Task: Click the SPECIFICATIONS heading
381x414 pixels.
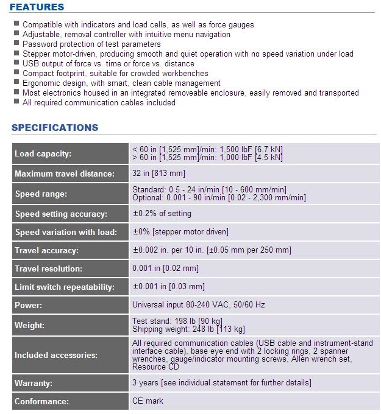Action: (55, 128)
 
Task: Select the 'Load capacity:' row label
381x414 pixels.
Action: (43, 154)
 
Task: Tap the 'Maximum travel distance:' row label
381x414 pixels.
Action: (64, 174)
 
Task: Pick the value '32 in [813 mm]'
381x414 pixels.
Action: (158, 174)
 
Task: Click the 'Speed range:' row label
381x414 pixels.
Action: (40, 194)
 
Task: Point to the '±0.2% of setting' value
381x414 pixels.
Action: (162, 214)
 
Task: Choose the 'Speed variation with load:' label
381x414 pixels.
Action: (65, 232)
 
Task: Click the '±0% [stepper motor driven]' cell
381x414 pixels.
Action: (180, 232)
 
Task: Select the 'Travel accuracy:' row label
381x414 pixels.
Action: (46, 250)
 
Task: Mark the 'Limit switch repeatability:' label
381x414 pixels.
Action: (66, 287)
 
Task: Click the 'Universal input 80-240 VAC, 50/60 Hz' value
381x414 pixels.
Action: (199, 305)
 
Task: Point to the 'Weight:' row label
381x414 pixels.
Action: (30, 325)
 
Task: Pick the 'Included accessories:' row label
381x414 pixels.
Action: (55, 355)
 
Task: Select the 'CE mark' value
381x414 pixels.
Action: (148, 401)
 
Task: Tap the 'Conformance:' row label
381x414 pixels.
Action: (42, 401)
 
